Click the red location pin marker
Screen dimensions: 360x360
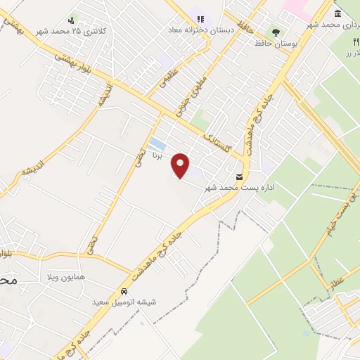click(181, 166)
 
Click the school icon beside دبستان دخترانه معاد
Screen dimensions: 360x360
click(200, 20)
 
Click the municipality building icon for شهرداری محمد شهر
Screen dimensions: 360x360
click(338, 15)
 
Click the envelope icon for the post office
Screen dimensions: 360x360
click(240, 177)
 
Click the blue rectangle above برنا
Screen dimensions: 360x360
click(157, 144)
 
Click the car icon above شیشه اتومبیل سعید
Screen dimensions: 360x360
click(124, 291)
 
